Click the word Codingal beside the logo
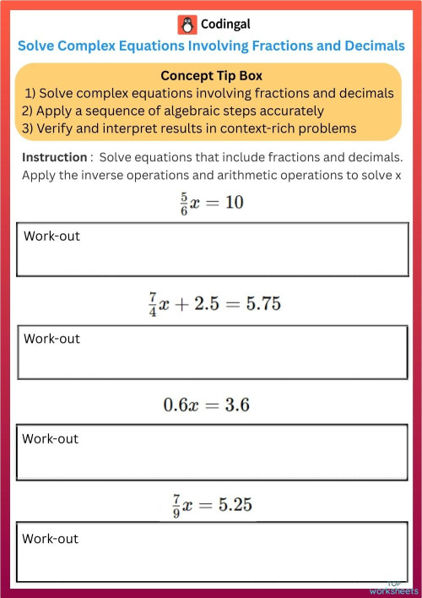[226, 24]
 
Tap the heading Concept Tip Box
[211, 74]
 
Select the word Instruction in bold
[54, 157]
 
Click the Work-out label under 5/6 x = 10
[51, 236]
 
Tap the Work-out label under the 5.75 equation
[51, 338]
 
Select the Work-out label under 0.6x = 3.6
[50, 438]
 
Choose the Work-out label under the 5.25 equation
[50, 538]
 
